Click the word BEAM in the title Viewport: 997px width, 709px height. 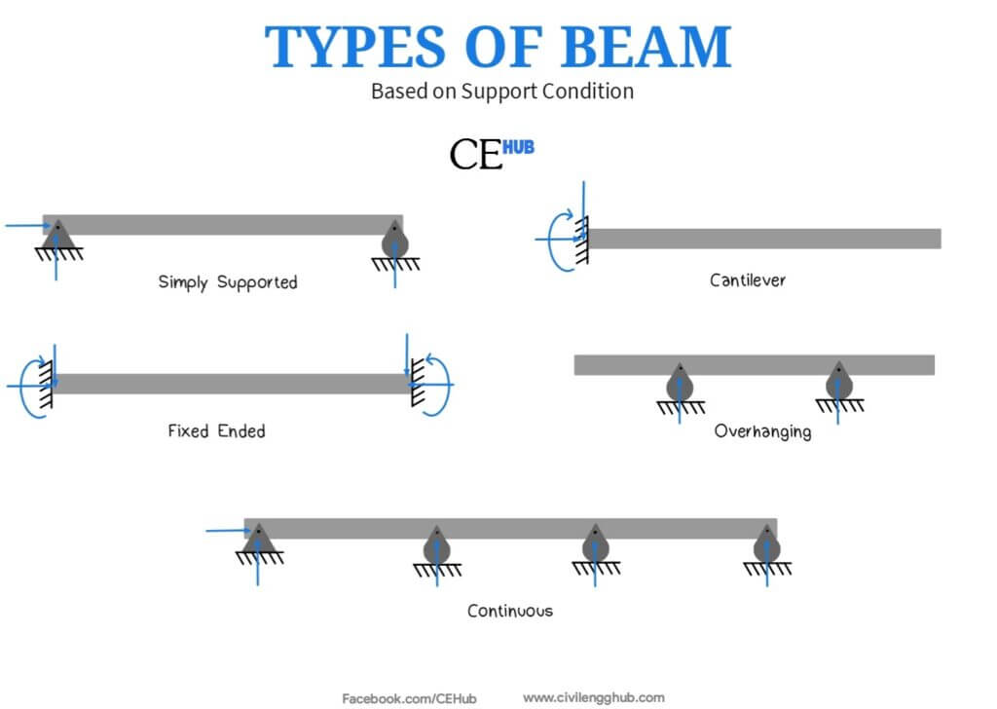pos(646,47)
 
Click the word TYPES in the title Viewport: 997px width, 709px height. pos(354,47)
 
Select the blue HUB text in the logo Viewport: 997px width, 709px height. pos(518,147)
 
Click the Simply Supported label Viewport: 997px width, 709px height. pos(228,282)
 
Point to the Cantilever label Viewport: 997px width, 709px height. pos(748,280)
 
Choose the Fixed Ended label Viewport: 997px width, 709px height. pos(217,431)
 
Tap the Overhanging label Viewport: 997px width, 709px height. pos(763,431)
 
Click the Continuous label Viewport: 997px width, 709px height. pos(510,611)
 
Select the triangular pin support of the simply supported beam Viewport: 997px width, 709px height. pos(57,236)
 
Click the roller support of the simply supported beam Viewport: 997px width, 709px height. pos(395,241)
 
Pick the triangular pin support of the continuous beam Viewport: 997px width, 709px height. pos(259,540)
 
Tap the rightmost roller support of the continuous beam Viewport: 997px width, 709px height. pos(767,544)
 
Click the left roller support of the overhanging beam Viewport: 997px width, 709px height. pos(680,383)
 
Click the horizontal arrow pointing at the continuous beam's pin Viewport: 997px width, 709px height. pos(228,531)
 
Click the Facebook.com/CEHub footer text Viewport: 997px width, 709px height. pos(409,699)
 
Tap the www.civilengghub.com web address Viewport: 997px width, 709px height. pos(594,698)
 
